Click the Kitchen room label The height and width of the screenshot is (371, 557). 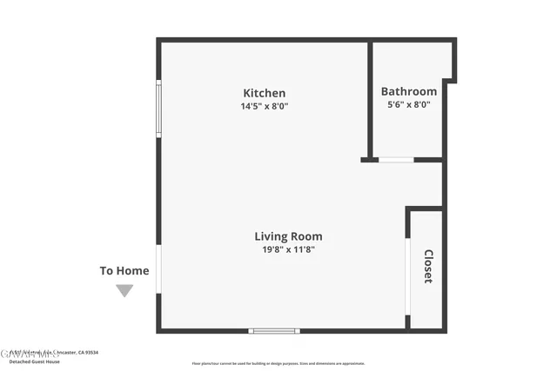264,93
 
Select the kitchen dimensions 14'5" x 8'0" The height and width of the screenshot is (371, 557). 264,106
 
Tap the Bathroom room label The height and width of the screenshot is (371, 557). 408,91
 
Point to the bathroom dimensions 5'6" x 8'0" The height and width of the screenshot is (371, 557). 408,104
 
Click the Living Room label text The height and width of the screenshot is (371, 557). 288,235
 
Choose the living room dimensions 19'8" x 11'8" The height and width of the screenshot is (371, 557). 288,249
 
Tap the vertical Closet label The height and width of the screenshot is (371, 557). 428,266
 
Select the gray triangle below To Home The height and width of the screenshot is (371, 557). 124,291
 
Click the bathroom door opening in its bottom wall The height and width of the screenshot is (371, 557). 396,160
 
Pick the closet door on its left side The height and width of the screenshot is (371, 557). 407,276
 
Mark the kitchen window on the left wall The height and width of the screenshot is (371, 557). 158,109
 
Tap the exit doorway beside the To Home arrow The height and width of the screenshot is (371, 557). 158,269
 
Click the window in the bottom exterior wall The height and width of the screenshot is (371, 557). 274,330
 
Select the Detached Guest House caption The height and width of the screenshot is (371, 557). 32,361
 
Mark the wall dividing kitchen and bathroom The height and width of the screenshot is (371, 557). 370,100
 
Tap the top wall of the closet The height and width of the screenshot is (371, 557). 425,209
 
